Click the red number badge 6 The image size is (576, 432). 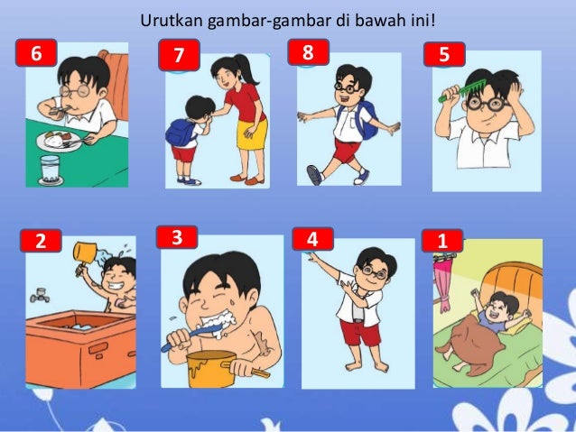click(x=36, y=53)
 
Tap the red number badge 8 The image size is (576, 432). click(x=308, y=51)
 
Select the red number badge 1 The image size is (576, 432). click(x=442, y=241)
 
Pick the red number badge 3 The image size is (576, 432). click(x=177, y=237)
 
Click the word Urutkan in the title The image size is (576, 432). click(x=172, y=21)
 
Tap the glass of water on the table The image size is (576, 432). click(x=51, y=170)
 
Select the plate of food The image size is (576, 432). click(x=59, y=142)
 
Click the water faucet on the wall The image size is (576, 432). click(x=40, y=294)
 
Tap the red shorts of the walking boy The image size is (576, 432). click(x=347, y=150)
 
